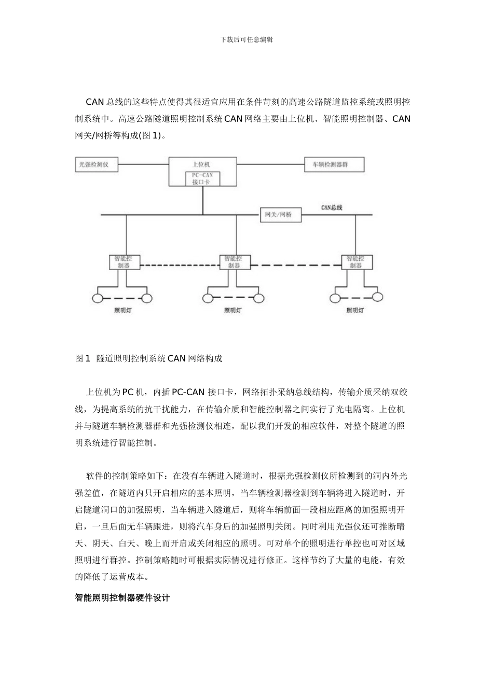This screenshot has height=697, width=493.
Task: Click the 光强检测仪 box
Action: pyautogui.click(x=97, y=165)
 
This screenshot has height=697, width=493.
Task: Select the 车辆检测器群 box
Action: pyautogui.click(x=334, y=165)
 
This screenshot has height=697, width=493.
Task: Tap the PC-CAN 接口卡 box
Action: pyautogui.click(x=203, y=179)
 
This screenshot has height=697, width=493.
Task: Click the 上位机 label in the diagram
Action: pyautogui.click(x=202, y=164)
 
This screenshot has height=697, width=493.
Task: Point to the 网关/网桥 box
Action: pyautogui.click(x=280, y=215)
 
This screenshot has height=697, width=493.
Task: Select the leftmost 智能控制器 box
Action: pyautogui.click(x=125, y=262)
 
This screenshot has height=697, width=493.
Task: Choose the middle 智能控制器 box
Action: pyautogui.click(x=237, y=262)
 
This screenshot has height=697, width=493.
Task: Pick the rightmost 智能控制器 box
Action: pyautogui.click(x=355, y=262)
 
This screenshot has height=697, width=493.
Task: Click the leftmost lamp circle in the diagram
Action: pyautogui.click(x=97, y=298)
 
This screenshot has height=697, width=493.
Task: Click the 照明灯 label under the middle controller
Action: pyautogui.click(x=232, y=311)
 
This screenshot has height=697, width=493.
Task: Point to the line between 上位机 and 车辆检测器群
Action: pyautogui.click(x=270, y=165)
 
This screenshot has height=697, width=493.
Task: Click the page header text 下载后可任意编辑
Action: pyautogui.click(x=246, y=39)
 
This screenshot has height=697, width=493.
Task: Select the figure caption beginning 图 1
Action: pyautogui.click(x=149, y=358)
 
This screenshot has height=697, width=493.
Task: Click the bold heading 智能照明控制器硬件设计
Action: pyautogui.click(x=122, y=598)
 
